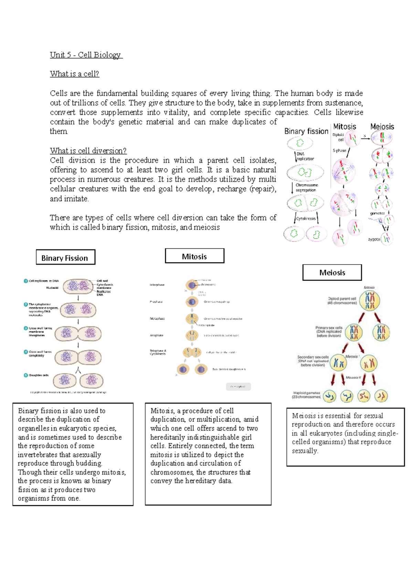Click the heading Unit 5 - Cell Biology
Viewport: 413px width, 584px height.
click(86, 55)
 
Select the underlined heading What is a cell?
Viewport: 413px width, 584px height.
click(74, 74)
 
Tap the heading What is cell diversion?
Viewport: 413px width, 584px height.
click(88, 151)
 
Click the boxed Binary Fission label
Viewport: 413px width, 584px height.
click(65, 258)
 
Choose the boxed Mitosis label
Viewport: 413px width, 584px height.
click(194, 256)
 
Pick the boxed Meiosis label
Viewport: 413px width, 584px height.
click(332, 273)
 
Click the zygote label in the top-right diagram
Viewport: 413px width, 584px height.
click(374, 239)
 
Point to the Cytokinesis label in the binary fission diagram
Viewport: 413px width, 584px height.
click(306, 218)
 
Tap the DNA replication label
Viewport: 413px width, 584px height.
click(305, 156)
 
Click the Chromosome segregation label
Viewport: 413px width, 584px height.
click(306, 187)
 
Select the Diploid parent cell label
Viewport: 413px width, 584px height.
click(342, 301)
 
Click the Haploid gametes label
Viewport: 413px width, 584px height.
click(306, 395)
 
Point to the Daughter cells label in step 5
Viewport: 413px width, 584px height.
click(39, 375)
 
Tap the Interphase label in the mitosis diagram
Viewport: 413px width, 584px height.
click(157, 285)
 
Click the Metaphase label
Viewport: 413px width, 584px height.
click(157, 318)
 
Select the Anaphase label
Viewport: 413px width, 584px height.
click(157, 335)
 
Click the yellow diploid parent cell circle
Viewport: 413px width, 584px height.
click(370, 301)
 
